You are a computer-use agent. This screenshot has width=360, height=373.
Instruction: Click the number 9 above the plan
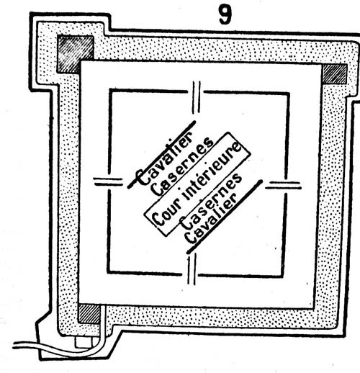point(225,15)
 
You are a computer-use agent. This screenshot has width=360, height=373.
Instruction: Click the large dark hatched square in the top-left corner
point(75,54)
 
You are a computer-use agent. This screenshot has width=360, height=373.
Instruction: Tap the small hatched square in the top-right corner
point(335,74)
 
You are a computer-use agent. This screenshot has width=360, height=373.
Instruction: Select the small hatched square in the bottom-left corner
point(89,314)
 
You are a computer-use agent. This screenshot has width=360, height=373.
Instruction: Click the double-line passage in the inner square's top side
point(197,97)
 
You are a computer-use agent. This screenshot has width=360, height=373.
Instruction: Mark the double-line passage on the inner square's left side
point(108,181)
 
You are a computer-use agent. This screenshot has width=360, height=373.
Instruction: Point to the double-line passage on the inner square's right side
point(283,185)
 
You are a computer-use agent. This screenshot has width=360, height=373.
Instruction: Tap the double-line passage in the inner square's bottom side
point(192,269)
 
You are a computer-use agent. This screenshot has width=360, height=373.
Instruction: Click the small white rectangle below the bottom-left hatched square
point(83,342)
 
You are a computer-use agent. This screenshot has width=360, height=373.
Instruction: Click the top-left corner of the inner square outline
point(110,90)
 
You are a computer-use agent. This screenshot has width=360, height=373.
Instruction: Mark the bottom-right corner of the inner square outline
point(282,277)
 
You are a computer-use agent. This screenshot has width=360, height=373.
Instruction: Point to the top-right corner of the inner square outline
point(289,93)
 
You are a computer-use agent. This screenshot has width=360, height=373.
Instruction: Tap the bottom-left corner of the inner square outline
point(108,272)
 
